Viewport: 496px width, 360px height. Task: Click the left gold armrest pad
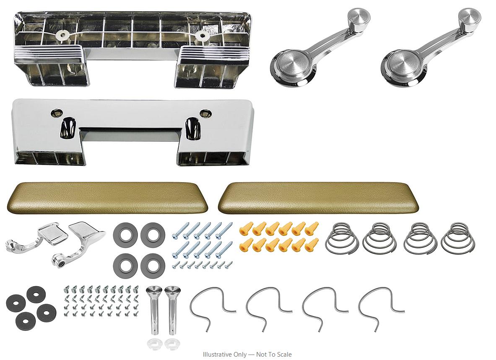tap(107, 198)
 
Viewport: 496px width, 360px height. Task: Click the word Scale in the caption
tap(284, 354)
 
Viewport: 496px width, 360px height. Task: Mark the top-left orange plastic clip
tap(244, 228)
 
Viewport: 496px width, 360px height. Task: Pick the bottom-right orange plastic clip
tap(311, 245)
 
